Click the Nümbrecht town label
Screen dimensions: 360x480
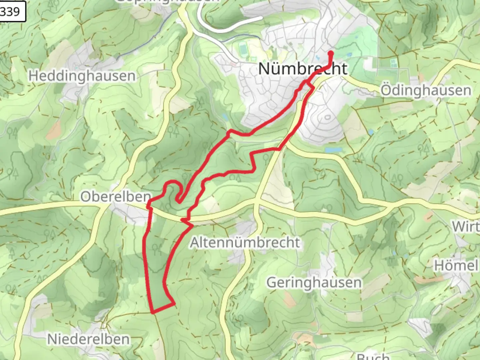[x=303, y=69]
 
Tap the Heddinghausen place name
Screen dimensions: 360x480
[x=82, y=76]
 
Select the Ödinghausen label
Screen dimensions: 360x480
[x=426, y=91]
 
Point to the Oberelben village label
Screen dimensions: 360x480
[x=115, y=197]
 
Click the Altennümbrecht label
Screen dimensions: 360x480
[x=245, y=242]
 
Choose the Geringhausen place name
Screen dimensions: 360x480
[x=314, y=283]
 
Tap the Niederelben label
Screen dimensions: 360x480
[x=88, y=339]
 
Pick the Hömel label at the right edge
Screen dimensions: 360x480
[x=456, y=266]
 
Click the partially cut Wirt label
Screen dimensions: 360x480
[x=466, y=227]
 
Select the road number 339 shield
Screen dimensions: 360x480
[x=11, y=12]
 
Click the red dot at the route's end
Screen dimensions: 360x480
[x=331, y=53]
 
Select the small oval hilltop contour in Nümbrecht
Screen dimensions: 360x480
[x=327, y=117]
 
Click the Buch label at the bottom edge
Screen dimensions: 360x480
[x=373, y=356]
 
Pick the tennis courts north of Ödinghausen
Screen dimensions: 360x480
[x=394, y=62]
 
